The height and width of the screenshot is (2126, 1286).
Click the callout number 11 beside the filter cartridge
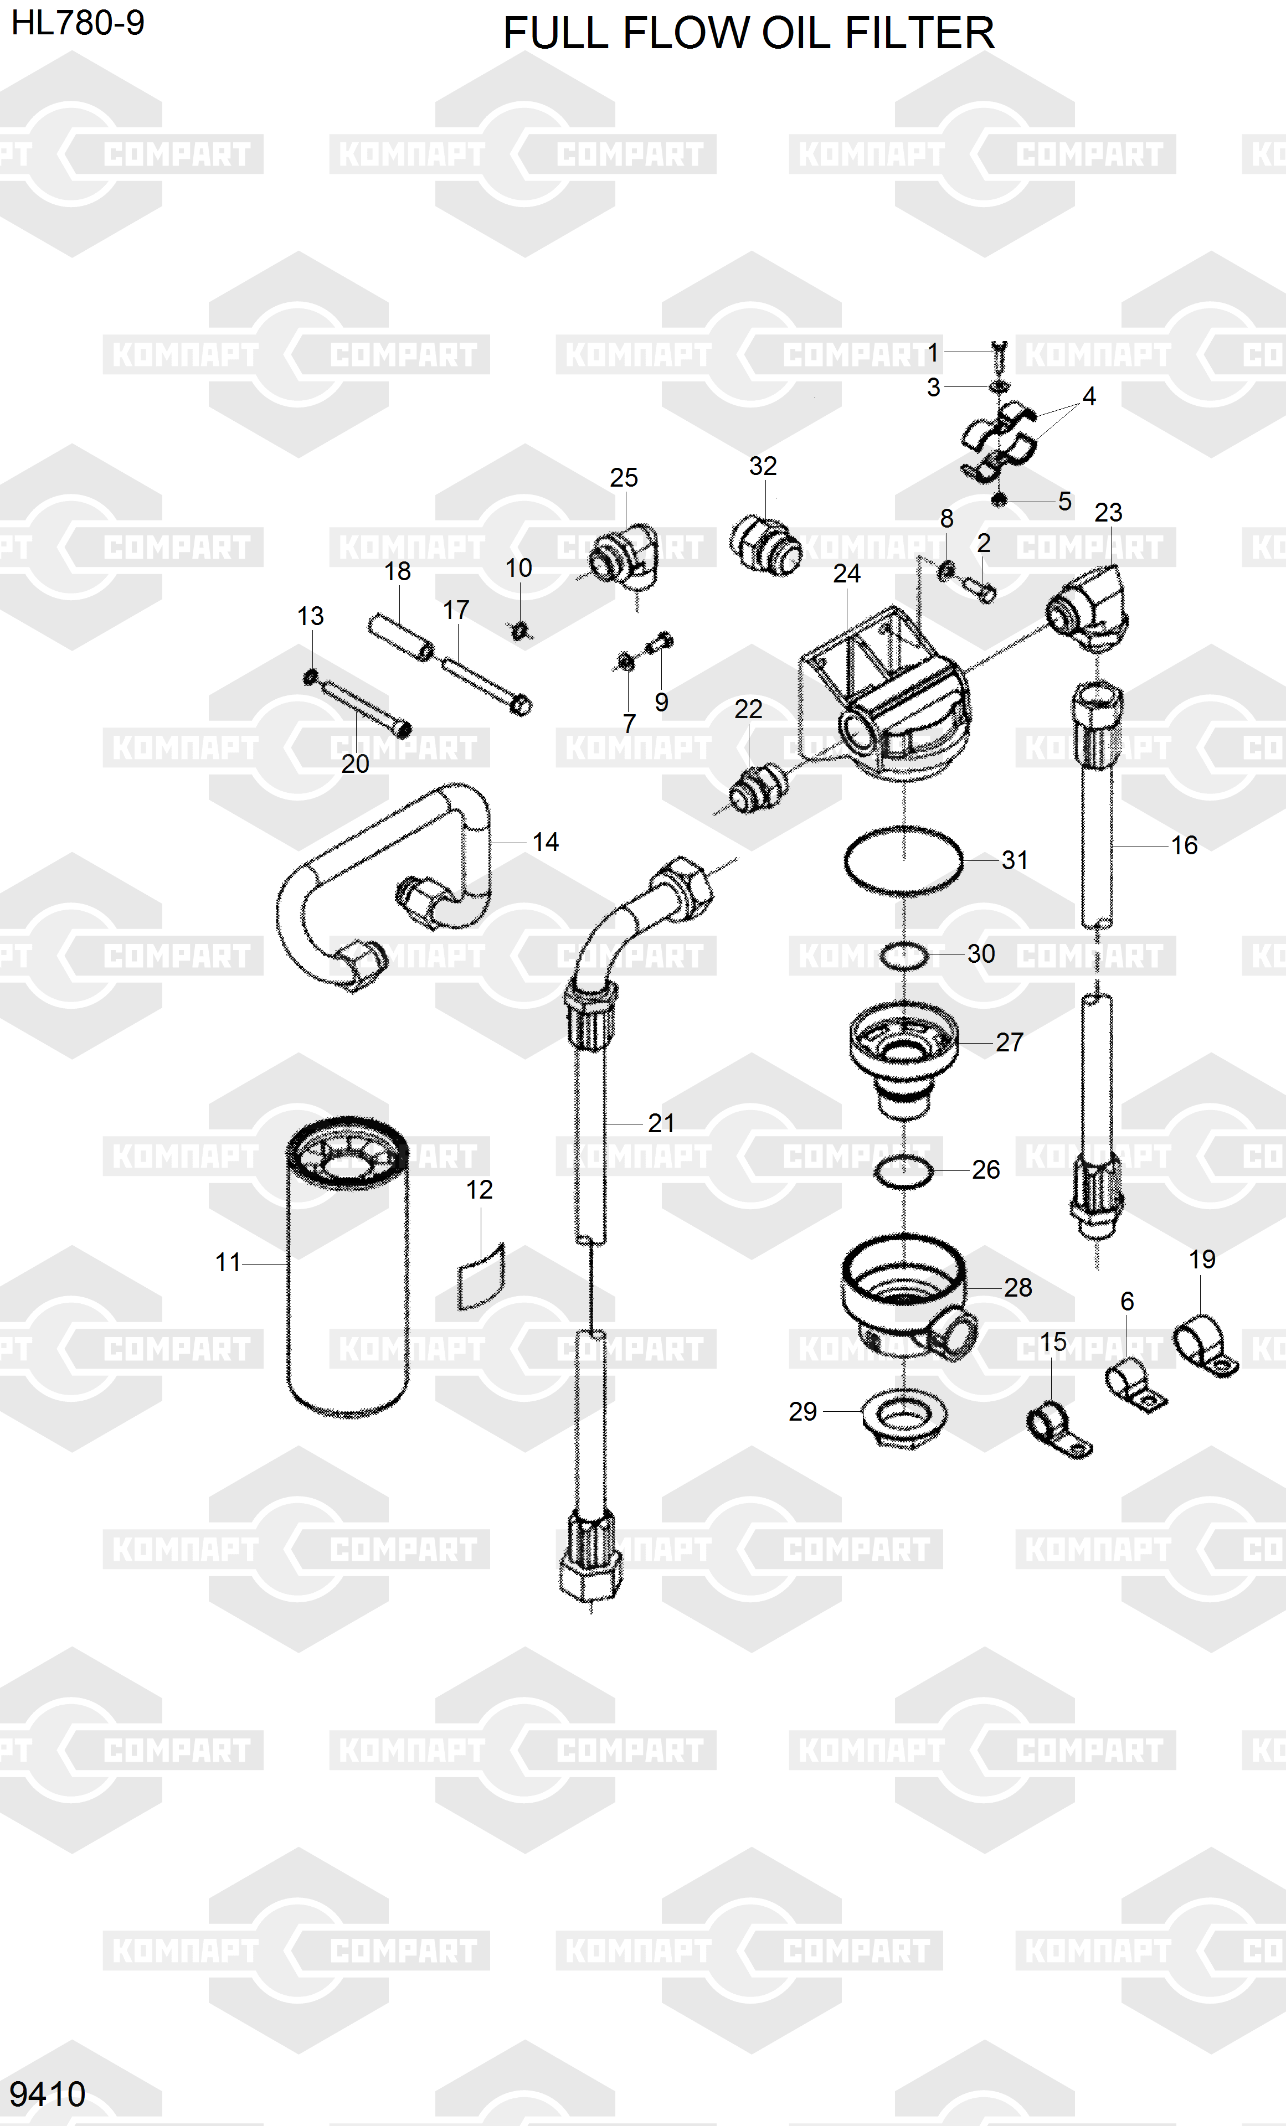[x=228, y=1262]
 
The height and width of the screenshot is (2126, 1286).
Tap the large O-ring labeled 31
[x=903, y=860]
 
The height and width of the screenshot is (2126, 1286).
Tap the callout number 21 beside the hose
[x=661, y=1123]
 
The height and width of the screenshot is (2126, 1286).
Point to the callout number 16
[x=1184, y=845]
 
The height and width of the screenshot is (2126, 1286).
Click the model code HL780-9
[x=78, y=23]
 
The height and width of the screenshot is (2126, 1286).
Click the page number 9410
[x=48, y=2094]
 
